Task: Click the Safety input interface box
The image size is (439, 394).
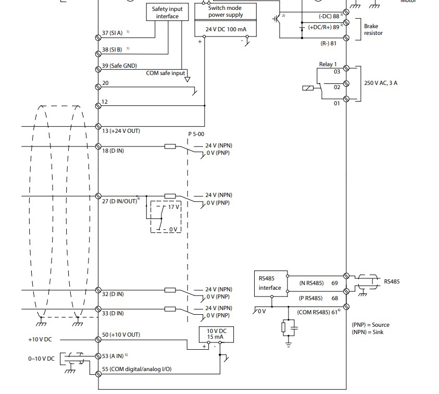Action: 168,12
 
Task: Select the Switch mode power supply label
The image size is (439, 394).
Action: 225,11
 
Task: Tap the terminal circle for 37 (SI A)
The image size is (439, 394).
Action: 98,38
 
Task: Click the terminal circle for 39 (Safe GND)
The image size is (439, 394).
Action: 98,69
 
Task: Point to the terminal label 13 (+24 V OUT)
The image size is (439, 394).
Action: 121,131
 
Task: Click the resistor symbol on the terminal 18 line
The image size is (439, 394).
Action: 170,146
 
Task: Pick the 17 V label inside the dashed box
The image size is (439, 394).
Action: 173,207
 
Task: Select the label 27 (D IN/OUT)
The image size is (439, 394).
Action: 120,201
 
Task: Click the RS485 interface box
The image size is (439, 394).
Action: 271,284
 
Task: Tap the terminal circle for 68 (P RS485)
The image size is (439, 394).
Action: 346,291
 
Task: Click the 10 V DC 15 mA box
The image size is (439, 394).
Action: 217,334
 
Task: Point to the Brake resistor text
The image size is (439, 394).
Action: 373,29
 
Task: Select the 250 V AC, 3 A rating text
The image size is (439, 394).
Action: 381,83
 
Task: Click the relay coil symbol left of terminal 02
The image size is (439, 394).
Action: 308,88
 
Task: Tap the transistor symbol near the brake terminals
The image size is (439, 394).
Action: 277,19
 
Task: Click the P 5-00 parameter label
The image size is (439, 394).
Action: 196,134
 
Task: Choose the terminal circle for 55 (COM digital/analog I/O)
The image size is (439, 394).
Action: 98,374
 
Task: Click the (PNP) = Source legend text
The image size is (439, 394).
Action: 370,325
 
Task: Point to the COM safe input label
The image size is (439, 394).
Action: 166,73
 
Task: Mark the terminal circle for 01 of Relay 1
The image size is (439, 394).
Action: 346,98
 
